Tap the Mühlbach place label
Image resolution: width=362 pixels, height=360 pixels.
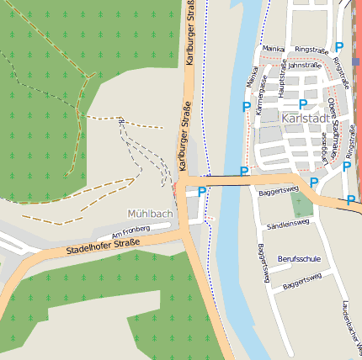150,214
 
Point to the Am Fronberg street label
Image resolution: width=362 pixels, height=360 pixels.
130,230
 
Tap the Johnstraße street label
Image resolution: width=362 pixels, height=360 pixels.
305,65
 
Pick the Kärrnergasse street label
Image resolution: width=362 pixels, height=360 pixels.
261,93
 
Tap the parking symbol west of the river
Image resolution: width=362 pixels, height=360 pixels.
202,193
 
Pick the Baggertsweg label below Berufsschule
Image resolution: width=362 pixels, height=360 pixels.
302,282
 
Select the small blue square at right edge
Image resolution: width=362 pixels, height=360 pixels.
356,61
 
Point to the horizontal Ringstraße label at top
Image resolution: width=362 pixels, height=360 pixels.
311,50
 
